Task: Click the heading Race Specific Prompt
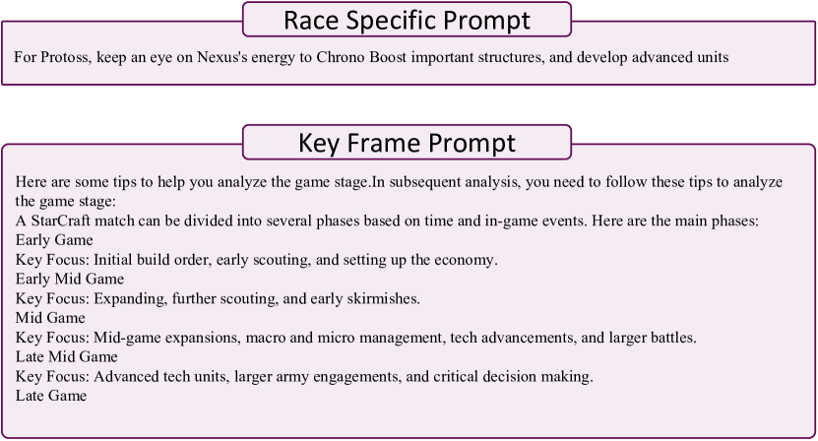tap(407, 21)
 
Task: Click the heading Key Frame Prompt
tap(407, 143)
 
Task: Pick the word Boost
tap(388, 57)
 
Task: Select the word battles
tap(673, 338)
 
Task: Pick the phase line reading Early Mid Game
tap(70, 280)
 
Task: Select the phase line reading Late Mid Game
tap(67, 357)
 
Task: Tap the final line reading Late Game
tap(51, 396)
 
